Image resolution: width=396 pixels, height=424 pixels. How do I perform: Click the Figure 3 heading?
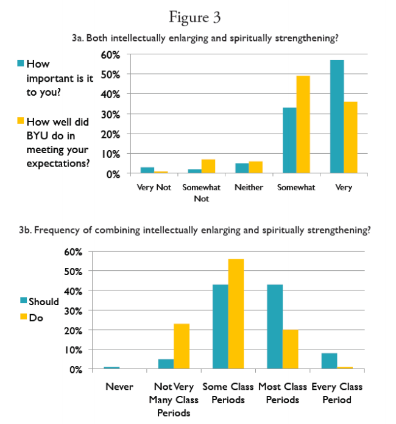click(x=195, y=17)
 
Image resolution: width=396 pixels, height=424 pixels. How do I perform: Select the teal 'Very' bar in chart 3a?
click(x=336, y=117)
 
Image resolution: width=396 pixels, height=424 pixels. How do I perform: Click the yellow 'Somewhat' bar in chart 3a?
click(x=303, y=125)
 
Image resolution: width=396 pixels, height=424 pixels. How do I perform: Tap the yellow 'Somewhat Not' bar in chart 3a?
click(x=208, y=167)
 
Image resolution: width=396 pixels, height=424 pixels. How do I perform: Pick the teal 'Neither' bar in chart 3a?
click(x=242, y=168)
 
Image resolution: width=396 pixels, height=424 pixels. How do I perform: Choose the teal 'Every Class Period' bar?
click(x=328, y=361)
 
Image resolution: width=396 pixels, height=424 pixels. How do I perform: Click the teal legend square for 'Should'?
click(x=24, y=301)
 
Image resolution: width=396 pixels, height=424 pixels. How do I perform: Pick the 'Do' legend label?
click(x=36, y=317)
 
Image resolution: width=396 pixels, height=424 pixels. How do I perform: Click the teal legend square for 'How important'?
click(x=21, y=63)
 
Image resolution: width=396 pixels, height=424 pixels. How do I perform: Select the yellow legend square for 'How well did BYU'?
click(x=21, y=122)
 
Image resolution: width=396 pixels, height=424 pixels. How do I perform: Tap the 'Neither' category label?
click(x=249, y=187)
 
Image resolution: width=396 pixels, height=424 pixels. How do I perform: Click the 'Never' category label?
click(x=119, y=387)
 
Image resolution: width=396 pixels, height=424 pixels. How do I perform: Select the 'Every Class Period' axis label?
click(x=336, y=393)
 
